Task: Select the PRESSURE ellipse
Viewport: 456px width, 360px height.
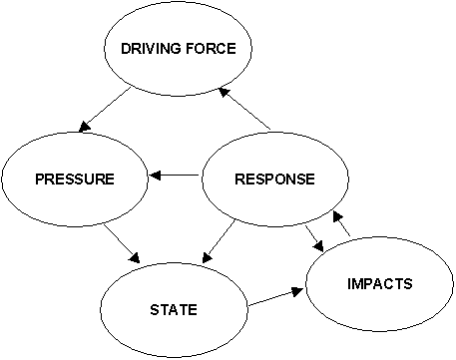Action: pyautogui.click(x=75, y=180)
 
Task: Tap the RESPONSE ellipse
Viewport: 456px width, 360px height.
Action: pyautogui.click(x=274, y=180)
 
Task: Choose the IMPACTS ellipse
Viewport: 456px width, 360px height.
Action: pyautogui.click(x=379, y=285)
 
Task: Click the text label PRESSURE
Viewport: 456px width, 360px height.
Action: pyautogui.click(x=75, y=180)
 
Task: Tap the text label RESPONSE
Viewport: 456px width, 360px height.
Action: pyautogui.click(x=274, y=180)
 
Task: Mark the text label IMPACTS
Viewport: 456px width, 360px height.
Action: pyautogui.click(x=379, y=284)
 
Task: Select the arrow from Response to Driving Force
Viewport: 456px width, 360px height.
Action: pyautogui.click(x=244, y=109)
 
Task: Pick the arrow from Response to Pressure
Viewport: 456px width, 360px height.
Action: pyautogui.click(x=176, y=178)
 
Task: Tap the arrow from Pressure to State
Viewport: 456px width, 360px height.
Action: pyautogui.click(x=122, y=242)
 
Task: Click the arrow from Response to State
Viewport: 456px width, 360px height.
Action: pyautogui.click(x=221, y=239)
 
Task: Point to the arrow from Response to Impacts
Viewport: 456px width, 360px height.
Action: pyautogui.click(x=312, y=240)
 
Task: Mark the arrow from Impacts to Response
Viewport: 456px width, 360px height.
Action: pyautogui.click(x=341, y=228)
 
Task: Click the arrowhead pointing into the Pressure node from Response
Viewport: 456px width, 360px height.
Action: pyautogui.click(x=154, y=178)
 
